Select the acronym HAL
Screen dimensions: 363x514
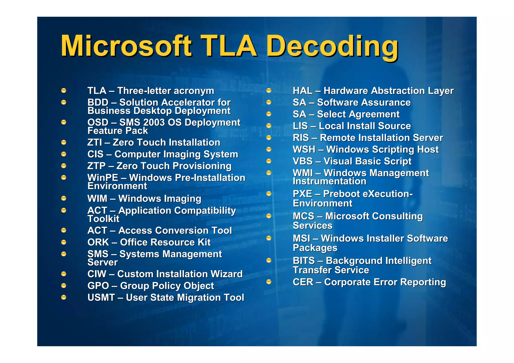pyautogui.click(x=303, y=91)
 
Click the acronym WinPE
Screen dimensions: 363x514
pyautogui.click(x=103, y=178)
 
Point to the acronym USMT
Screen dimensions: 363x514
pyautogui.click(x=101, y=298)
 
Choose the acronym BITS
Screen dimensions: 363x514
pyautogui.click(x=304, y=261)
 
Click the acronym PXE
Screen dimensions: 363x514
pyautogui.click(x=302, y=194)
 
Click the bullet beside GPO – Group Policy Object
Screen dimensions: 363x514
pyautogui.click(x=64, y=285)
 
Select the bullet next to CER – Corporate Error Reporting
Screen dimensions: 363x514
pyautogui.click(x=269, y=282)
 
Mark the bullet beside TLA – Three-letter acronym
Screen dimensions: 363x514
pyautogui.click(x=64, y=90)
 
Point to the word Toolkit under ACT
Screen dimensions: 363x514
pyautogui.click(x=103, y=219)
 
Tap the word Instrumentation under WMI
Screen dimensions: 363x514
pyautogui.click(x=330, y=181)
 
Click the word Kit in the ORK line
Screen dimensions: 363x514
pyautogui.click(x=204, y=242)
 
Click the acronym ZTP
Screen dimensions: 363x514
pyautogui.click(x=96, y=166)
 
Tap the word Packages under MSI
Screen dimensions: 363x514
pyautogui.click(x=315, y=248)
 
